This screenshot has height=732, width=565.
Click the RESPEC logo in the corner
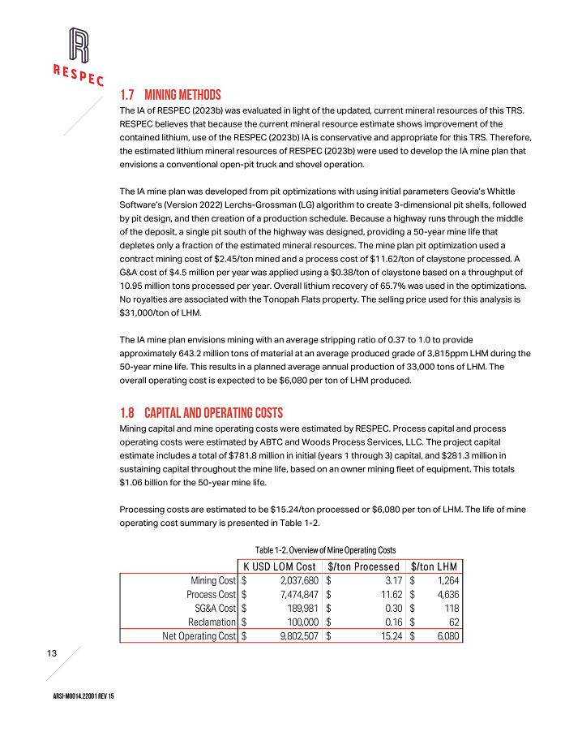[x=78, y=56]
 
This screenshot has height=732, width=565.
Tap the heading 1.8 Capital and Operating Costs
[x=201, y=412]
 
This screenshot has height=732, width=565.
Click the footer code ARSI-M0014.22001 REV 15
[x=78, y=699]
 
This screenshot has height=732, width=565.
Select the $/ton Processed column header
[x=364, y=566]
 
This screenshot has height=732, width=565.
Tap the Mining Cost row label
[x=212, y=580]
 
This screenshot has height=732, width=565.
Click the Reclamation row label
[x=212, y=622]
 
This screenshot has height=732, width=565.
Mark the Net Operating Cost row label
[x=199, y=636]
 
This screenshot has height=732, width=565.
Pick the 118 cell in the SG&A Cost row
[x=452, y=608]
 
